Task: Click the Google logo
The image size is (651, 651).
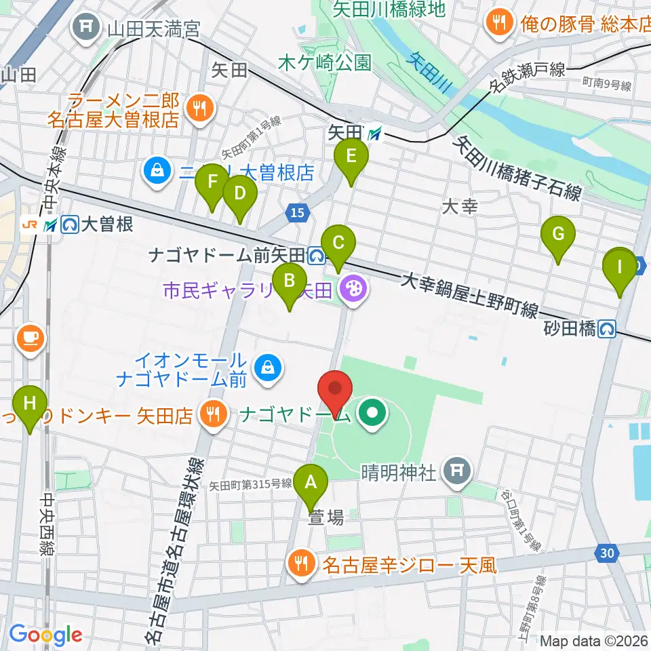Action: click(x=45, y=635)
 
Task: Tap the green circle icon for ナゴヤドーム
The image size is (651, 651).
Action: click(x=372, y=411)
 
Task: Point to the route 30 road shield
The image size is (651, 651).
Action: click(x=609, y=553)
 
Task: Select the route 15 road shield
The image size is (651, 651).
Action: click(x=296, y=213)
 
